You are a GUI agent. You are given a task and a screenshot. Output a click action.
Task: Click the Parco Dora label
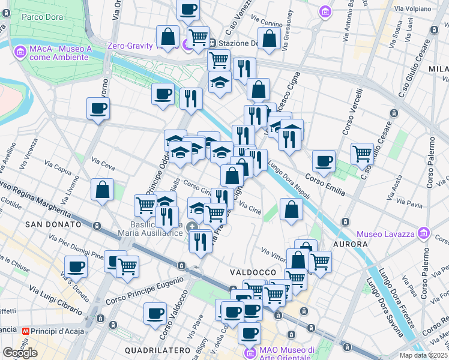[42, 16]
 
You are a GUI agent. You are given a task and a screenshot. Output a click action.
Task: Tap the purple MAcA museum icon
[20, 51]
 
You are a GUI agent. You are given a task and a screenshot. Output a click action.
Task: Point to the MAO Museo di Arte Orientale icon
[250, 352]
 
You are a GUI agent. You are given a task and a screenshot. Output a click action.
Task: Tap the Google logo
[20, 353]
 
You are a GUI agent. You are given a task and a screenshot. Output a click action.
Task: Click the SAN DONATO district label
[53, 224]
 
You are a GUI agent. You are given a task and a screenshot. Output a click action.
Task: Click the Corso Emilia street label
[325, 184]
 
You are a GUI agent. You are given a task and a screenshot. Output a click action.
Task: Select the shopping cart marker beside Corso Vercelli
[363, 154]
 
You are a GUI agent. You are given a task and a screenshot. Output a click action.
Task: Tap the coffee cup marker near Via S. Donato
[76, 266]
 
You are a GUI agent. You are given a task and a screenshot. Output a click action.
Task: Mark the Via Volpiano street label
[414, 9]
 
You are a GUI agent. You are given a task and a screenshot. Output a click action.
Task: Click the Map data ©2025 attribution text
[424, 355]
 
